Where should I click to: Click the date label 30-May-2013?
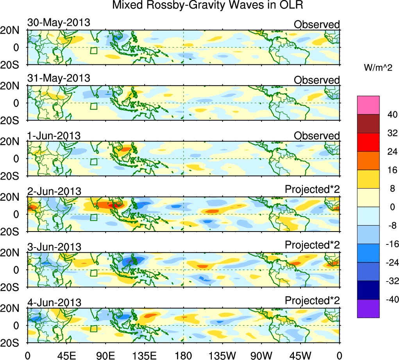tap(59, 23)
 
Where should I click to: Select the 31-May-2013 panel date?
tap(59, 78)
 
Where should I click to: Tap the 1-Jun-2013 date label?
tap(54, 136)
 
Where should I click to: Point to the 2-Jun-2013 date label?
tap(54, 191)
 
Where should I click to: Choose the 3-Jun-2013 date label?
tap(54, 247)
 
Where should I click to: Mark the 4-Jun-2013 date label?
tap(54, 302)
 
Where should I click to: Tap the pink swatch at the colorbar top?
tap(368, 105)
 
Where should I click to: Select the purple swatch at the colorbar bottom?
tap(368, 308)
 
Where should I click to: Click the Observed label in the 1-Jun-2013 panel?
tap(317, 136)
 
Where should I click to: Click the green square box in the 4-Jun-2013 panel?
tap(93, 328)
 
